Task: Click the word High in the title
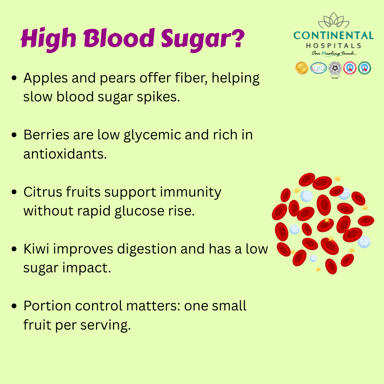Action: pyautogui.click(x=48, y=39)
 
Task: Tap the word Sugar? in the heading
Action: pyautogui.click(x=203, y=39)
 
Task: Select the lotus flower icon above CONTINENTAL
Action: pyautogui.click(x=334, y=21)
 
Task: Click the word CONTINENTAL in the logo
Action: pyautogui.click(x=333, y=36)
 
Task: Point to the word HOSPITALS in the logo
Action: pyautogui.click(x=334, y=46)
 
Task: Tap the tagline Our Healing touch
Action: pyautogui.click(x=334, y=53)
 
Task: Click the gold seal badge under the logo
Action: pyautogui.click(x=302, y=68)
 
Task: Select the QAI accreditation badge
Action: pyautogui.click(x=318, y=68)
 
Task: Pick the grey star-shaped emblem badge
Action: pyautogui.click(x=335, y=69)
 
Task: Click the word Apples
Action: pyautogui.click(x=46, y=79)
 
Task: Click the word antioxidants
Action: pyautogui.click(x=65, y=154)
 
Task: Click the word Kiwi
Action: pyautogui.click(x=36, y=249)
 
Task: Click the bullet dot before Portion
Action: pyautogui.click(x=14, y=306)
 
